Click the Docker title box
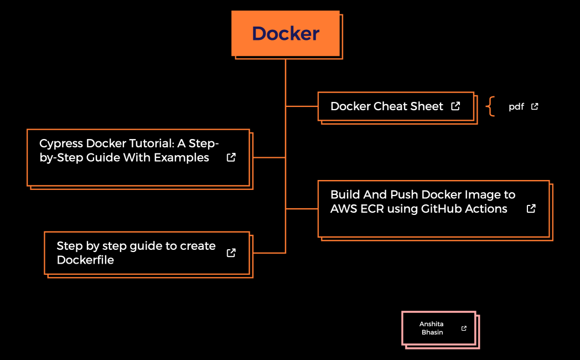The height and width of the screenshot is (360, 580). [286, 33]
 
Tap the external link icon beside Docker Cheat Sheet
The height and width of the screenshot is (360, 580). [455, 106]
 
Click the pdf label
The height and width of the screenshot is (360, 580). [516, 107]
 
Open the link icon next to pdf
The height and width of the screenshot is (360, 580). [535, 106]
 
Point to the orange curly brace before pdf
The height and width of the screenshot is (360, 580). [490, 106]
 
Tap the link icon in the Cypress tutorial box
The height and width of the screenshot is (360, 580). [231, 157]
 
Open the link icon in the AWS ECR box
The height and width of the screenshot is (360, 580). [531, 208]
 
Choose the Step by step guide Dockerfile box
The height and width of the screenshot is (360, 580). [138, 253]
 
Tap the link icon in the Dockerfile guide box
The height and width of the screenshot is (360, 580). [231, 253]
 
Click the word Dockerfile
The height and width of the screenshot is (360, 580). [85, 260]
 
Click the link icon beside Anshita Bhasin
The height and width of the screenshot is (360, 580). [464, 328]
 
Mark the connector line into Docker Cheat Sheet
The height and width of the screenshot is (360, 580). [302, 106]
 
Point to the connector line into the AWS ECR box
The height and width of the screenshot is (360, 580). [302, 209]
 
